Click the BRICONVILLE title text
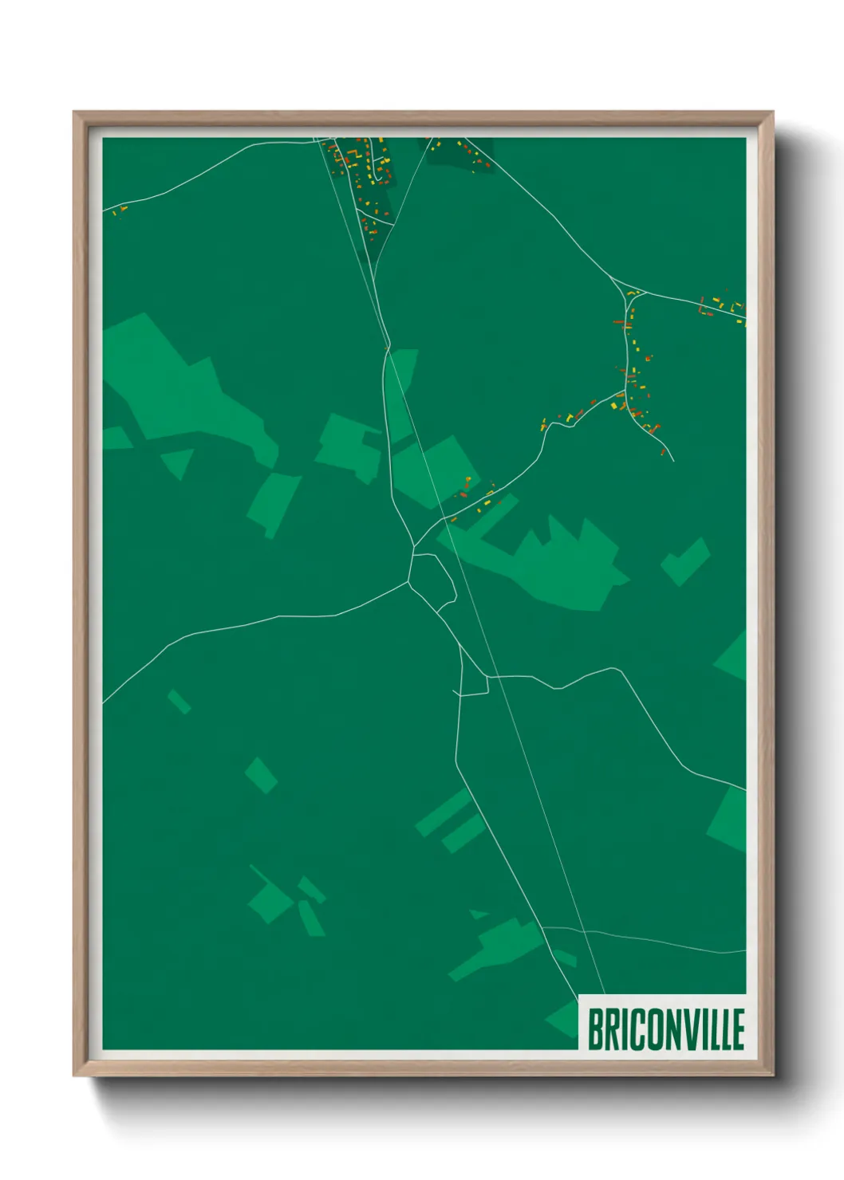click(665, 1029)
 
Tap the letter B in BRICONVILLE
click(596, 1029)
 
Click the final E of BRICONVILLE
click(737, 1029)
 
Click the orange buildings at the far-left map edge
click(120, 210)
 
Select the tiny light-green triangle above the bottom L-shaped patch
click(478, 914)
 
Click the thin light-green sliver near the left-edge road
click(179, 701)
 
